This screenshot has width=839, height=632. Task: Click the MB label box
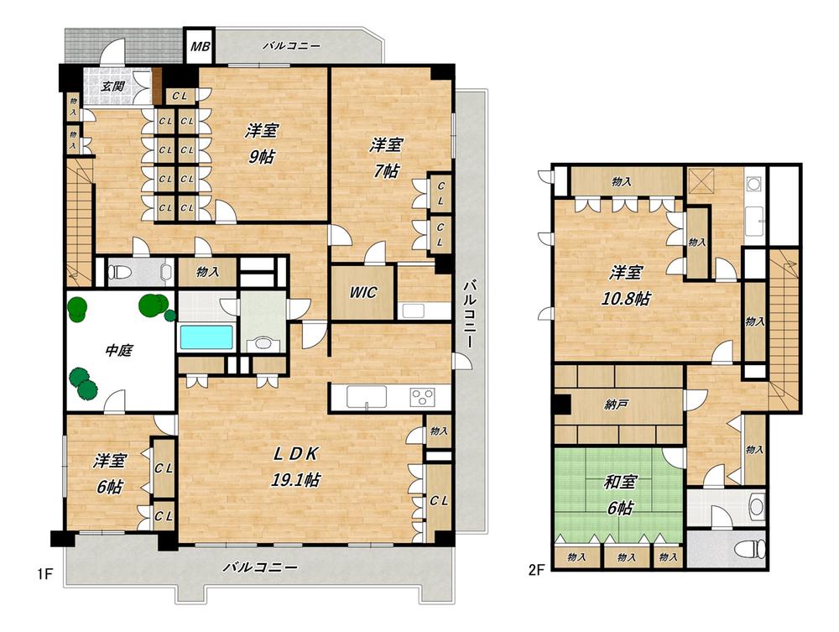(x=201, y=46)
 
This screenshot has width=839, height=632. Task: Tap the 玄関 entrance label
(x=113, y=86)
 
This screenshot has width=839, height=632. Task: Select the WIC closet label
(x=362, y=292)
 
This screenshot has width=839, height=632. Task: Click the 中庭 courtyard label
(x=118, y=351)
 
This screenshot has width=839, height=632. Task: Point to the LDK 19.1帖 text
(x=296, y=466)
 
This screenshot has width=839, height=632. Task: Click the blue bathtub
(x=206, y=337)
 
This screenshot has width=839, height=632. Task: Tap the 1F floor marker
(x=44, y=574)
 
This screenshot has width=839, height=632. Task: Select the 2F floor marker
(x=536, y=571)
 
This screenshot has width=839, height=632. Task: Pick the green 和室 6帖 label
(x=620, y=494)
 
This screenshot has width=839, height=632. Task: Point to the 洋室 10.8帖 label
(x=625, y=285)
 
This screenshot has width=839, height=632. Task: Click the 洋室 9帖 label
(x=262, y=143)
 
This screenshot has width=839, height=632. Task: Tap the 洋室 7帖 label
(x=386, y=157)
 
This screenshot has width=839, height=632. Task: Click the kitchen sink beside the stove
(x=367, y=397)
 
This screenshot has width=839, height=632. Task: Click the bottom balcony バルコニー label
(x=261, y=567)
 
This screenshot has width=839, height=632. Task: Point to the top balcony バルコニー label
(x=292, y=46)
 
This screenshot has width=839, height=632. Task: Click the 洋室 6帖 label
(x=110, y=473)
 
